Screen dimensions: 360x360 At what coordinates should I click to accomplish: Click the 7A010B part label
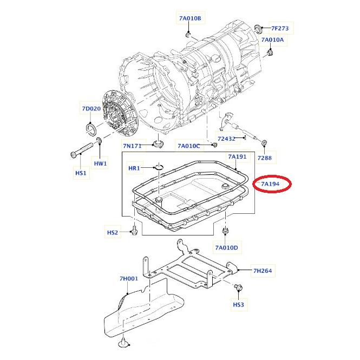click(x=189, y=19)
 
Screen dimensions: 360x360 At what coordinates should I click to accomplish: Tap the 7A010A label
click(x=272, y=40)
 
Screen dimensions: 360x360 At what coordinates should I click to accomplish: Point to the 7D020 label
click(x=91, y=109)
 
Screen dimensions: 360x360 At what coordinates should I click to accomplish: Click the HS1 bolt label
click(x=81, y=173)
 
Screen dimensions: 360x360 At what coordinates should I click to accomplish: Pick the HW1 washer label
click(x=100, y=163)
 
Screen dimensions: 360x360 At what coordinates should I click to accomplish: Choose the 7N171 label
click(x=132, y=146)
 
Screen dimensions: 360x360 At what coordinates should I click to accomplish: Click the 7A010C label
click(x=189, y=146)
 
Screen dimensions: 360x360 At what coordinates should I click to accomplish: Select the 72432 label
click(x=226, y=139)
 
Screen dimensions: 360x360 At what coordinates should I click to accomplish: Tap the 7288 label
click(x=264, y=158)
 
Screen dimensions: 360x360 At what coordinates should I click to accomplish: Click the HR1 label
click(x=134, y=168)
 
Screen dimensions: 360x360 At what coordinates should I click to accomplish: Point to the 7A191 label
click(x=237, y=156)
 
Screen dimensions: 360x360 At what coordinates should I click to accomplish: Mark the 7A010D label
click(x=226, y=248)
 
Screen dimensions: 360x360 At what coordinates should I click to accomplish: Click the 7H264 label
click(x=263, y=271)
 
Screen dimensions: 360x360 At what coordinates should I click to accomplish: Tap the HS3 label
click(x=239, y=305)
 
